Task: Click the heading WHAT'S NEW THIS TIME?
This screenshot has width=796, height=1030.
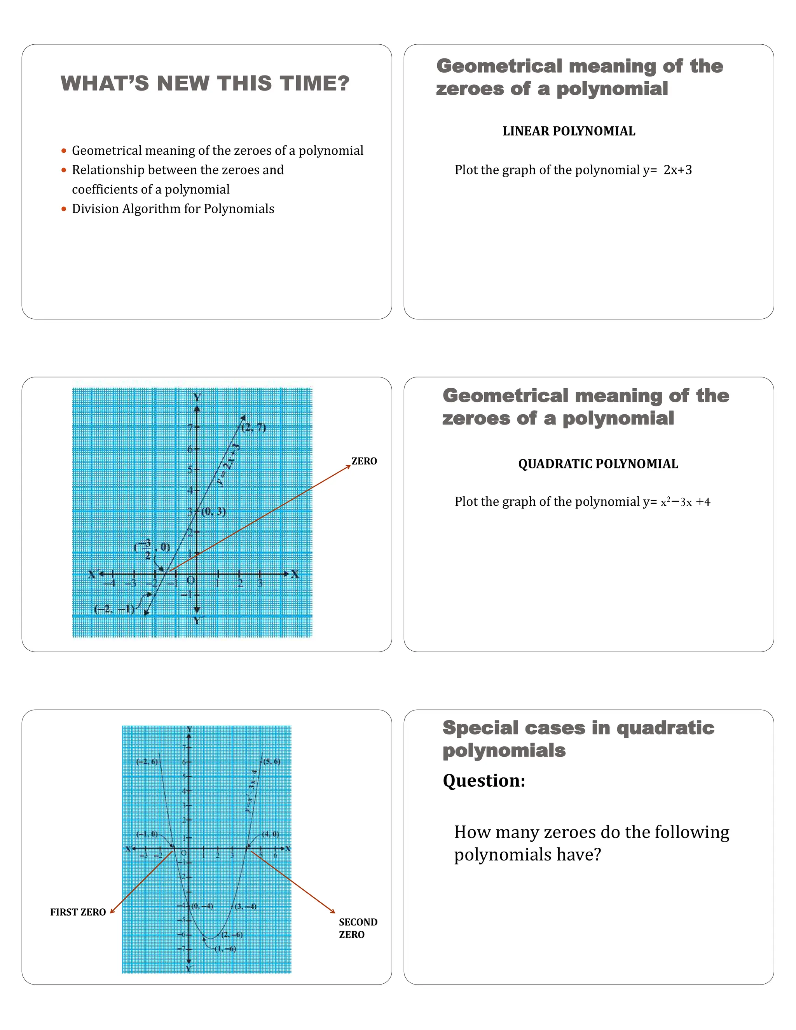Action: point(205,84)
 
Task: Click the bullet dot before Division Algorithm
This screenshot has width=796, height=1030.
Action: point(64,209)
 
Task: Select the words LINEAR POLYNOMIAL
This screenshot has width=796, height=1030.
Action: point(569,131)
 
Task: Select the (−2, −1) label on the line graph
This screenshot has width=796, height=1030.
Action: point(114,609)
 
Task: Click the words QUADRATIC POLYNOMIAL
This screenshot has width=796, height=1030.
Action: point(598,464)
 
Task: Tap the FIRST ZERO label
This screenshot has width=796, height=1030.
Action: point(78,912)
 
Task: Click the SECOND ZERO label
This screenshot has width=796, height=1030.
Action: point(358,928)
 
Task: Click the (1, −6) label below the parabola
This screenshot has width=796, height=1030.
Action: point(225,949)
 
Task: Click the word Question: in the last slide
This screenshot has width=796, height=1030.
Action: point(484,780)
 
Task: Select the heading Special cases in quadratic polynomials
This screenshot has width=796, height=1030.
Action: point(578,739)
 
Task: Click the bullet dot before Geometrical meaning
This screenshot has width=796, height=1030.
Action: point(64,151)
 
